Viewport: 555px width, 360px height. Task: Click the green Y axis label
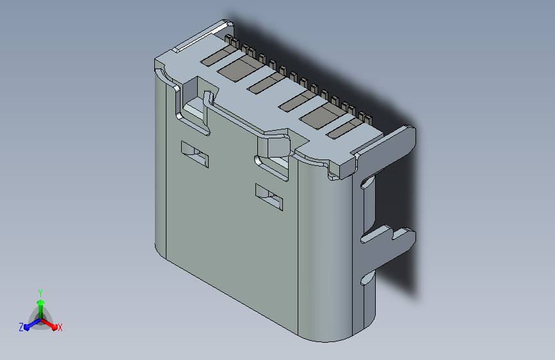tap(40, 291)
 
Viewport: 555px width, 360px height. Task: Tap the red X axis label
tap(60, 327)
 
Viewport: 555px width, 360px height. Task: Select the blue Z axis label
tap(21, 327)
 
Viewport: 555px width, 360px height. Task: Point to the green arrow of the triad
tap(40, 304)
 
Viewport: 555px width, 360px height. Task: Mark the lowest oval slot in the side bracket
tap(366, 279)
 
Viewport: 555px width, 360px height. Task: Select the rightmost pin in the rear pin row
tap(368, 118)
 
